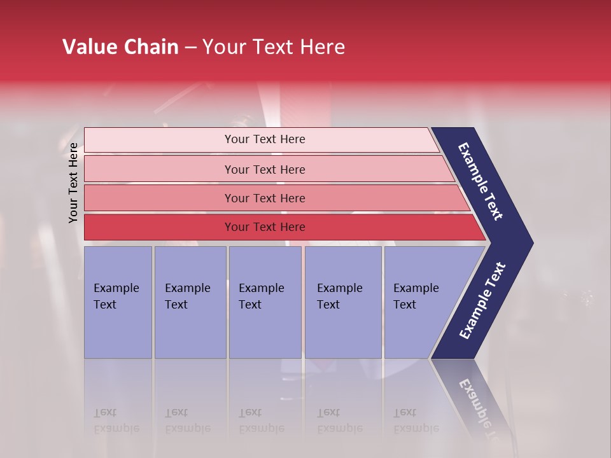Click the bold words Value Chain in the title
pyautogui.click(x=120, y=47)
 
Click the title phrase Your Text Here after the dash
pyautogui.click(x=274, y=47)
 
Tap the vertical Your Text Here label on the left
pyautogui.click(x=73, y=183)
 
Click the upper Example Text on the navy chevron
pyautogui.click(x=481, y=181)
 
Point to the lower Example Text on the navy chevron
pyautogui.click(x=482, y=301)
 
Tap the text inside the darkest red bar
pyautogui.click(x=265, y=227)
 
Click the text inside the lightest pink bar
pyautogui.click(x=265, y=139)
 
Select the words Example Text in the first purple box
pyautogui.click(x=116, y=296)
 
